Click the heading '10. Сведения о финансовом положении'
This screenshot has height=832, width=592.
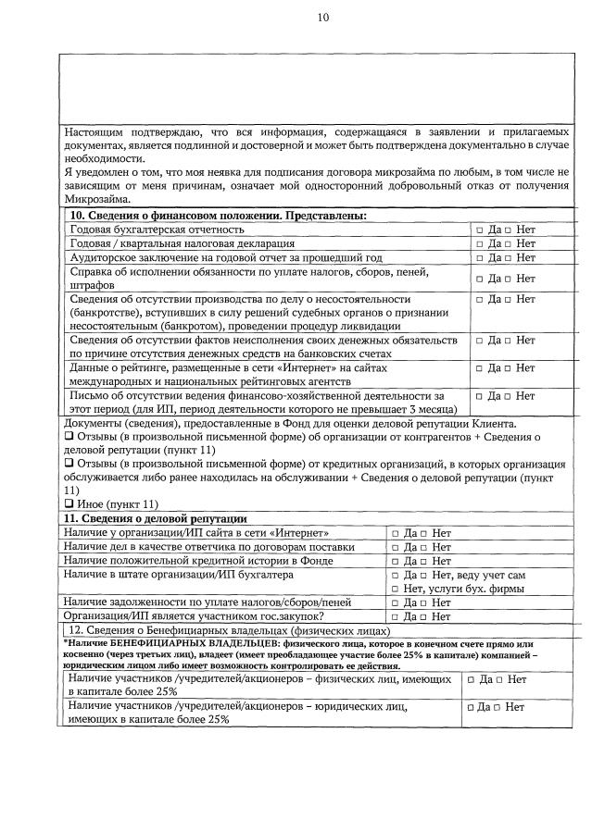(219, 216)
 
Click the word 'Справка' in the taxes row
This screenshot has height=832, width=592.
(94, 272)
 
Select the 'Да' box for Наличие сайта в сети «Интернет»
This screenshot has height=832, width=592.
(396, 534)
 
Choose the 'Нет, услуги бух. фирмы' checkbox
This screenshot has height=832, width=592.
(396, 588)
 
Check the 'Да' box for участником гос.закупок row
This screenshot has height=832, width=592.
(396, 616)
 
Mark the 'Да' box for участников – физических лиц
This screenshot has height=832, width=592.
(472, 680)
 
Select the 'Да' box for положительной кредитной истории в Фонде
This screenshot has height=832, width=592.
(396, 561)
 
